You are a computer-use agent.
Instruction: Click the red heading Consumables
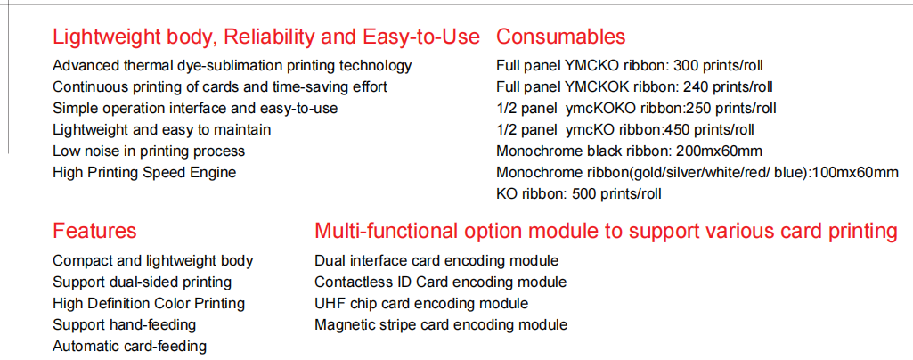click(x=561, y=37)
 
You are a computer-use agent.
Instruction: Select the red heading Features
click(x=94, y=232)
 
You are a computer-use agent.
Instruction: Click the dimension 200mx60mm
click(x=719, y=151)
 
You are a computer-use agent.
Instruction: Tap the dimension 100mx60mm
click(x=855, y=173)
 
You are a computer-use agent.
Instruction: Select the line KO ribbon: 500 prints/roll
click(x=579, y=194)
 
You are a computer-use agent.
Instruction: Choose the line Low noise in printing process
click(x=149, y=151)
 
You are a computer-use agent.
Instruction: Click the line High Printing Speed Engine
click(x=144, y=173)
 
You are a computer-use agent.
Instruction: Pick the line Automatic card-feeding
click(x=130, y=347)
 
